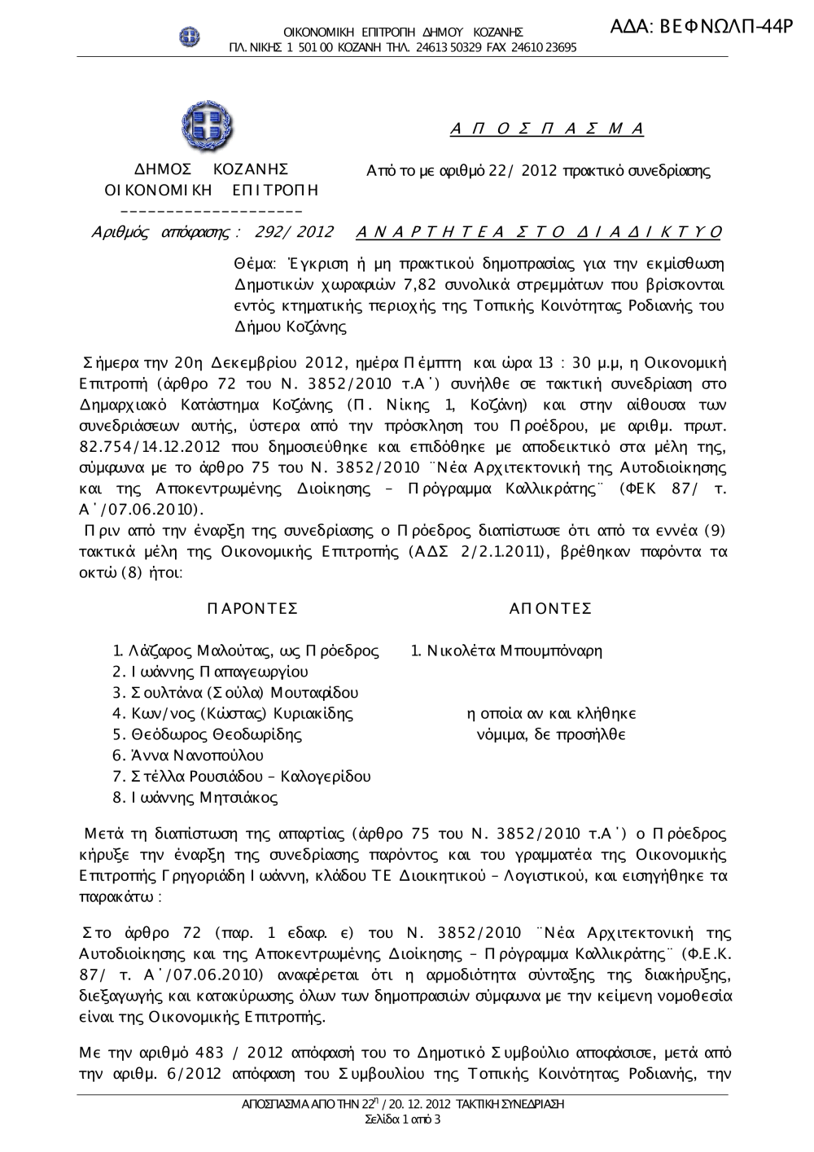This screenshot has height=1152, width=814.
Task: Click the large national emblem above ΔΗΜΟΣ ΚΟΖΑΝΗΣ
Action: point(207,127)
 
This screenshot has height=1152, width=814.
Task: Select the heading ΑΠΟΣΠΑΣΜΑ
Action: point(547,129)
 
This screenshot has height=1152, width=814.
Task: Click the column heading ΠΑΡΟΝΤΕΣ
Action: point(252,609)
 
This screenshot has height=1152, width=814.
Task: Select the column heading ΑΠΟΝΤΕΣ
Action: point(550,609)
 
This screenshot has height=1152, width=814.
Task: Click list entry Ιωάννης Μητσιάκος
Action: point(204,798)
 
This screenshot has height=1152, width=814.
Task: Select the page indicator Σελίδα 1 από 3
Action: point(404,1119)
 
